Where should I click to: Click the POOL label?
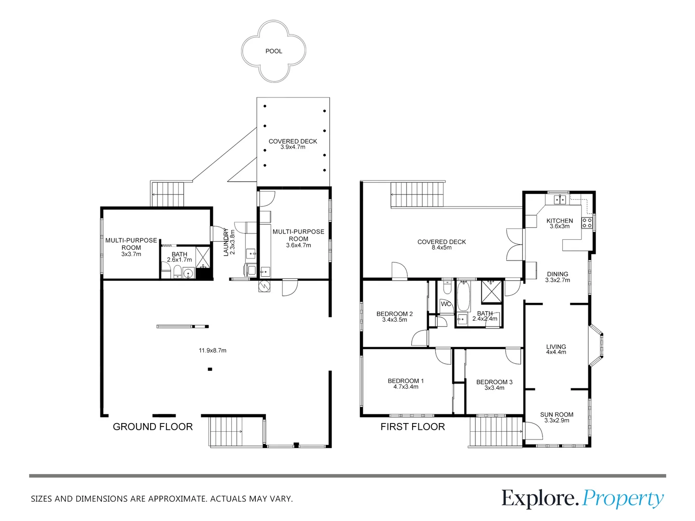click(274, 51)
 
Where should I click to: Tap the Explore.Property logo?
click(583, 498)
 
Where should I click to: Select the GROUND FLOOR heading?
click(153, 427)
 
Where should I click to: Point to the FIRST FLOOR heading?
click(413, 427)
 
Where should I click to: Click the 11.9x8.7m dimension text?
click(212, 351)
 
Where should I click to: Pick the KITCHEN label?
click(559, 221)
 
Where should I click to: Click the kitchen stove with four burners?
click(587, 223)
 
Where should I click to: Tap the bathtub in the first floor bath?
click(463, 296)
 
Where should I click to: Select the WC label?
click(445, 304)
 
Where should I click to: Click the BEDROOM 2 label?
click(394, 314)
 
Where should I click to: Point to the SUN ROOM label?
click(556, 415)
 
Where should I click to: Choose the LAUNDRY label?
click(226, 242)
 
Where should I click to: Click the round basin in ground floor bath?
click(188, 273)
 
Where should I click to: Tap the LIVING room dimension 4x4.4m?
click(556, 352)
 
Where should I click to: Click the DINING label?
click(557, 274)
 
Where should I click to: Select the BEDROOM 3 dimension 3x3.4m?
click(494, 388)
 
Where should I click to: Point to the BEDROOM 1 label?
click(405, 381)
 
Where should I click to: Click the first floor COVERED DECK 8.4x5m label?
click(442, 245)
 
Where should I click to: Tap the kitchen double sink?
click(560, 200)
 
